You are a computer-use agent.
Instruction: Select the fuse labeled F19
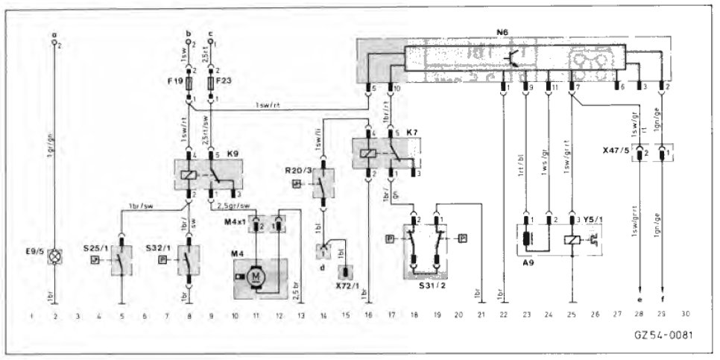[191, 80]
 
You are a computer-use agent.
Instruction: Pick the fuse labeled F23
[213, 80]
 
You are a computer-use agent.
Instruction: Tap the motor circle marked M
[256, 277]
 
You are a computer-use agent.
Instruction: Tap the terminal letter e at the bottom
[640, 300]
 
